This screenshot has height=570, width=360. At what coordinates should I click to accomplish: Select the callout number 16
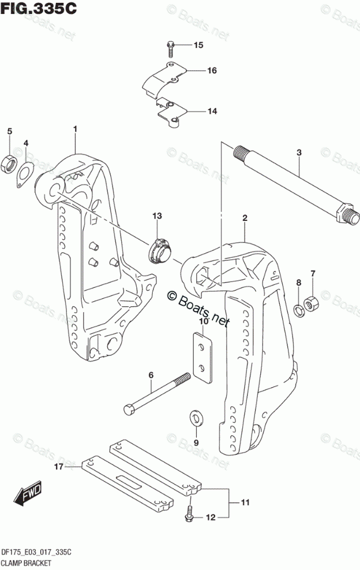pos(196,71)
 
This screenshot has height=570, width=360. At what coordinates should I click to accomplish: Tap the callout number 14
pos(196,111)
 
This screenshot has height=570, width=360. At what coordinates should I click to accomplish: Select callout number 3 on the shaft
pos(299,152)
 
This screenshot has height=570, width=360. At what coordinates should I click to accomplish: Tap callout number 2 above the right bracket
pos(245,218)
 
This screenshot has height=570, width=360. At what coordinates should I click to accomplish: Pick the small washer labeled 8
pos(298,310)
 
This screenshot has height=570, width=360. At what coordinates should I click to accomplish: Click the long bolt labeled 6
pos(156,393)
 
